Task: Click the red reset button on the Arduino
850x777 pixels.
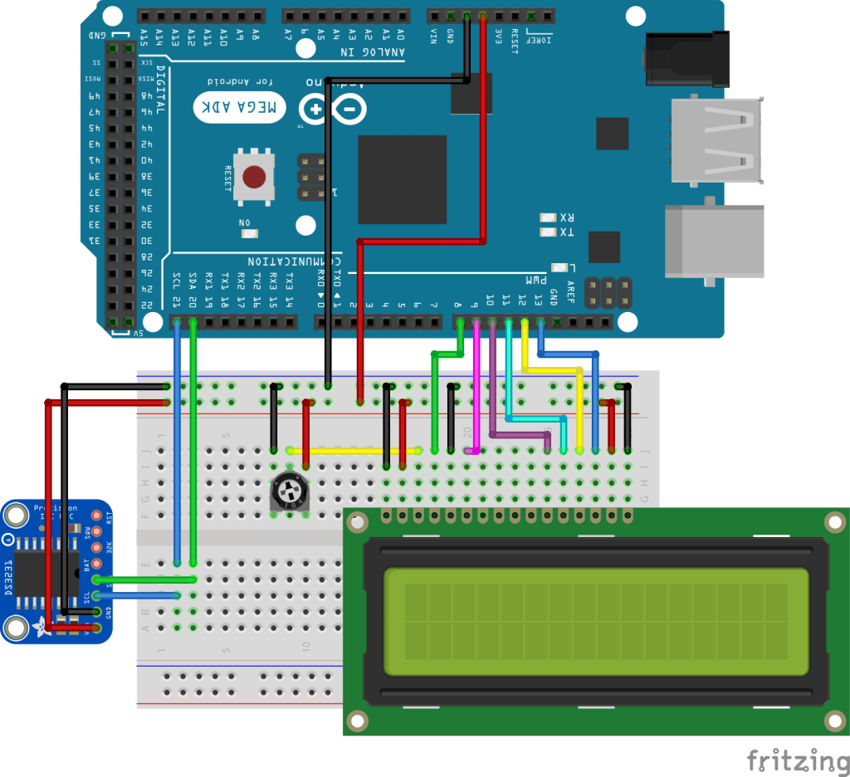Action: (255, 177)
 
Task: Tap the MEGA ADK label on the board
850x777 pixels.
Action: (240, 108)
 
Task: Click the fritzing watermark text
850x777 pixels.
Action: (792, 760)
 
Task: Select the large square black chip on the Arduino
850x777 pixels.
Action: (402, 179)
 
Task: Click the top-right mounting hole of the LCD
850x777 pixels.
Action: (833, 522)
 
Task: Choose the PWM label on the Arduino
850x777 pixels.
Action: (530, 280)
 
